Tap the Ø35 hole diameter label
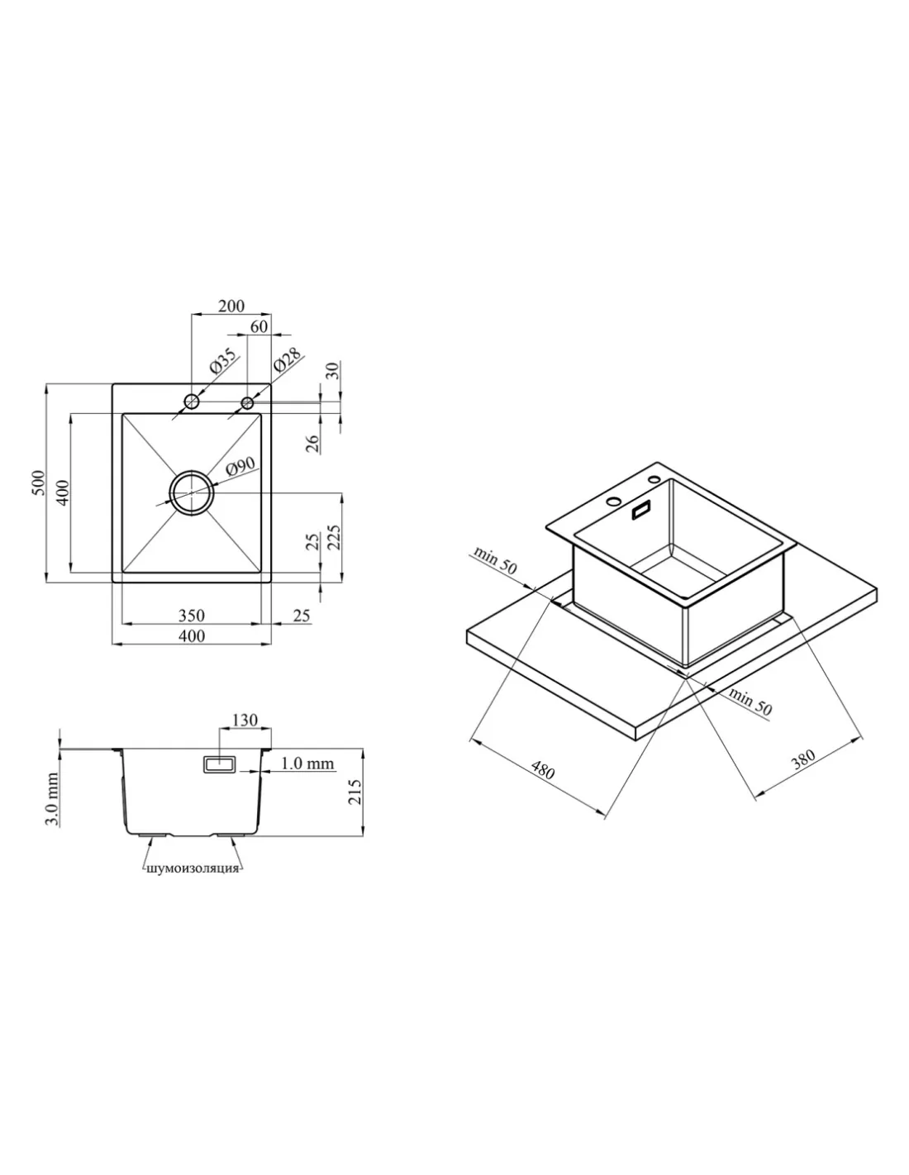(x=222, y=361)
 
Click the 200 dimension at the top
(x=231, y=306)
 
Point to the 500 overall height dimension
(x=38, y=483)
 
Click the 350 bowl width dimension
(x=192, y=616)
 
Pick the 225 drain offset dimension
(x=334, y=537)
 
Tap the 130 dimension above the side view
(x=245, y=720)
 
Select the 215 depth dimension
(x=355, y=792)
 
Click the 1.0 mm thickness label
(x=307, y=764)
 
